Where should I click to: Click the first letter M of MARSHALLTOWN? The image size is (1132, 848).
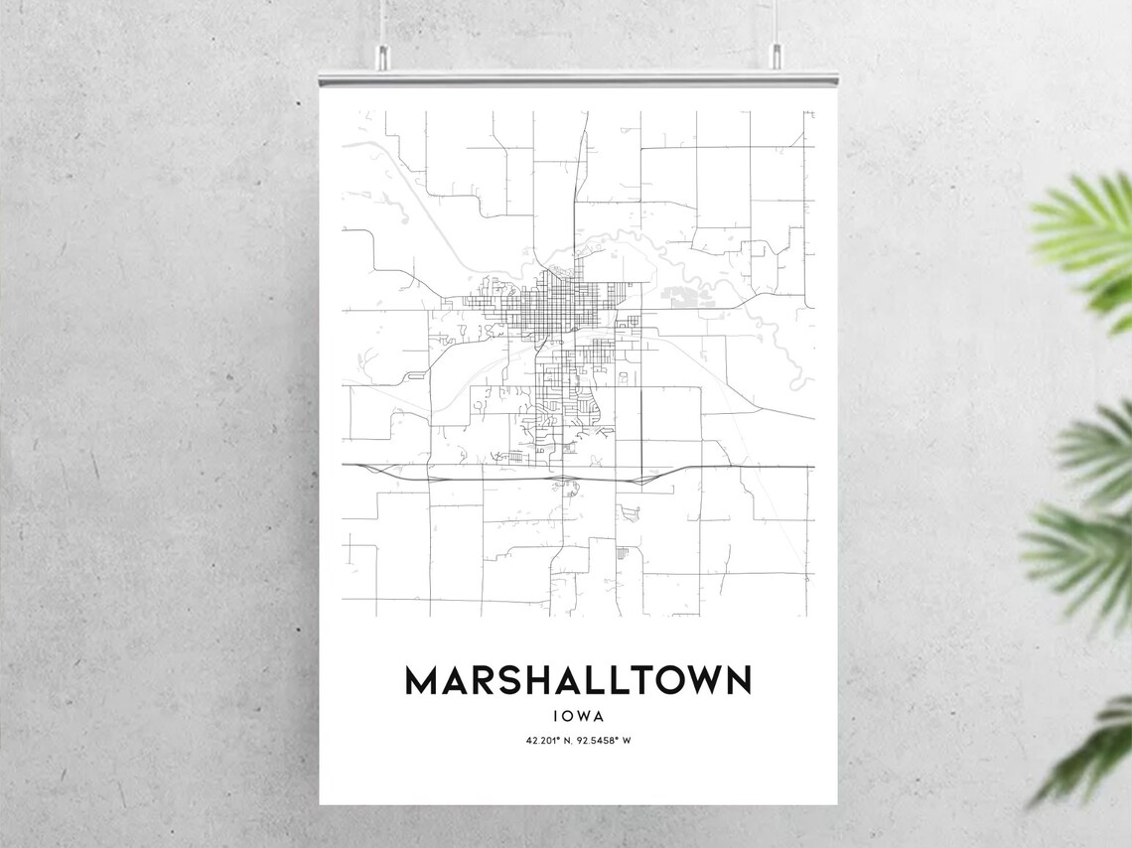[420, 681]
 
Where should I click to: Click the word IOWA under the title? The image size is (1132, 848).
[578, 715]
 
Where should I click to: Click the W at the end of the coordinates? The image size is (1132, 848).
[628, 741]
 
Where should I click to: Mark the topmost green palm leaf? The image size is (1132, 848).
[1087, 233]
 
